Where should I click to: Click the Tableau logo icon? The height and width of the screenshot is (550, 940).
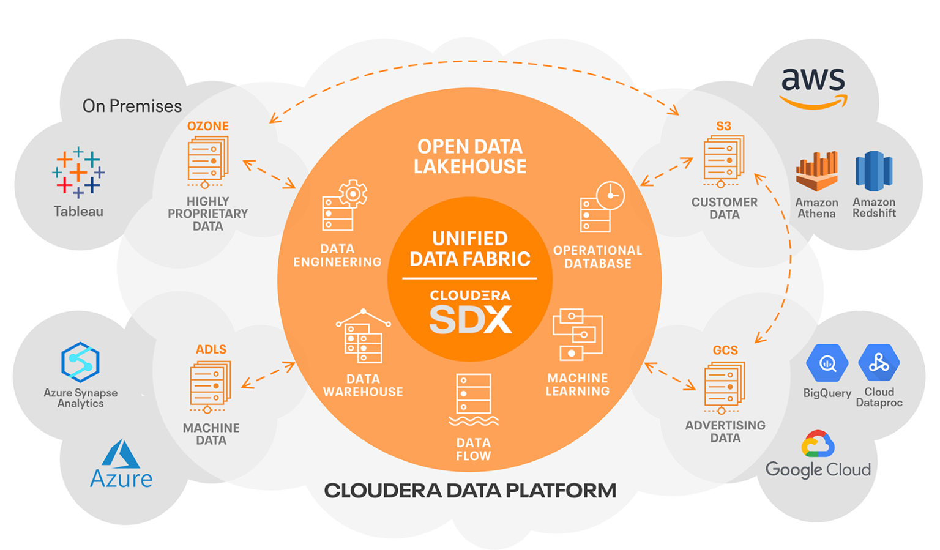(x=78, y=172)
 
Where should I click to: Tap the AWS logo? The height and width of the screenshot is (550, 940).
(x=813, y=87)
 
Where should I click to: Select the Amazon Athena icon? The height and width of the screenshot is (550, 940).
(x=816, y=171)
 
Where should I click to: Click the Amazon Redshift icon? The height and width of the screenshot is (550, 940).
(x=873, y=171)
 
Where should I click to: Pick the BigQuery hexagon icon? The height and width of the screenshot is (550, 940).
(x=827, y=363)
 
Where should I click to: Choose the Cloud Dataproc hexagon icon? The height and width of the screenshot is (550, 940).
(x=879, y=362)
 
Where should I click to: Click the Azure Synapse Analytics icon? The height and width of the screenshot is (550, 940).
(x=80, y=362)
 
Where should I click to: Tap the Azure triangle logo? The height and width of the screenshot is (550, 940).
(x=121, y=454)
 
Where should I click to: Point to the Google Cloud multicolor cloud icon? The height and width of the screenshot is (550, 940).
(x=818, y=444)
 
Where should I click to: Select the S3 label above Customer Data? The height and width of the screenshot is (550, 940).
(x=723, y=126)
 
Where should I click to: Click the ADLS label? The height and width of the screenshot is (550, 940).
(x=211, y=349)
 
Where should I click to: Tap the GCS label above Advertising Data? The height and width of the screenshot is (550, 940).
(x=725, y=351)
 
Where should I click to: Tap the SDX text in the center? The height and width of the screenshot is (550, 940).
(x=470, y=319)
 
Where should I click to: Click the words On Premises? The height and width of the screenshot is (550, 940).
(x=132, y=106)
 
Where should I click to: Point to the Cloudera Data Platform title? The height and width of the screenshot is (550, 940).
(x=469, y=491)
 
